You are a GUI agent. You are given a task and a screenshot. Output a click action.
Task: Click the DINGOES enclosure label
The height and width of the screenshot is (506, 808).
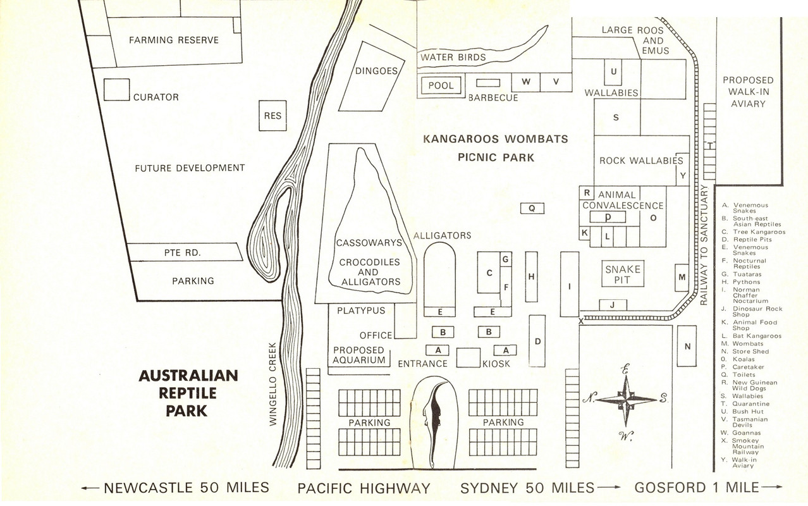pyautogui.click(x=376, y=71)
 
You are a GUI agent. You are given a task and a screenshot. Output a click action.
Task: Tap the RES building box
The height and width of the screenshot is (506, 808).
pyautogui.click(x=272, y=116)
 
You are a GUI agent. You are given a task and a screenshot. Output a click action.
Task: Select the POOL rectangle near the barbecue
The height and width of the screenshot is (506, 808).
pyautogui.click(x=441, y=85)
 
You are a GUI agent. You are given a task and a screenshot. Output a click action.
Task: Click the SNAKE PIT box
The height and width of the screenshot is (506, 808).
pyautogui.click(x=622, y=275)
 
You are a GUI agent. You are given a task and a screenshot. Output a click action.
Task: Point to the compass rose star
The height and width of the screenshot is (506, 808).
pyautogui.click(x=626, y=399)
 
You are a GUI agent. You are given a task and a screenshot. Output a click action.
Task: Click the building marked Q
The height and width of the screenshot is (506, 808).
pyautogui.click(x=532, y=207)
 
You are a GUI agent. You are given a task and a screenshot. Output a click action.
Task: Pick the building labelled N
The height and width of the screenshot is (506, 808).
pyautogui.click(x=687, y=346)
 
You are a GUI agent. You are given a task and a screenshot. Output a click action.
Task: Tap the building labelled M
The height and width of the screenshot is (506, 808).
pyautogui.click(x=682, y=277)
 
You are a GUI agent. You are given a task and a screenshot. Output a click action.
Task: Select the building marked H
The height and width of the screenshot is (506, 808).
pyautogui.click(x=532, y=276)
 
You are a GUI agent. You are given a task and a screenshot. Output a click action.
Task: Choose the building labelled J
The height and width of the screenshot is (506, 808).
pyautogui.click(x=613, y=305)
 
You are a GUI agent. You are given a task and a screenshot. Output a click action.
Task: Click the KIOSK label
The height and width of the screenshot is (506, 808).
pyautogui.click(x=496, y=364)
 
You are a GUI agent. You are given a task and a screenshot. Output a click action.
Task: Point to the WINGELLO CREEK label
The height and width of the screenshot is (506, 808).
pyautogui.click(x=273, y=384)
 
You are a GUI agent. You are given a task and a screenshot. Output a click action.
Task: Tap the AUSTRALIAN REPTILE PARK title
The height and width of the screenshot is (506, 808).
pyautogui.click(x=188, y=393)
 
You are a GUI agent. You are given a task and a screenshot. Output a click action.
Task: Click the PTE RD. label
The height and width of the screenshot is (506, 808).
pyautogui.click(x=182, y=252)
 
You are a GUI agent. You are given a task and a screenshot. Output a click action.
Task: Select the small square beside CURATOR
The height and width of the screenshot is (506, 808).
pyautogui.click(x=116, y=89)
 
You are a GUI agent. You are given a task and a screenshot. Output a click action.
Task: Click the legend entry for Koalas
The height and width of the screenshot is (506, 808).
pyautogui.click(x=746, y=359)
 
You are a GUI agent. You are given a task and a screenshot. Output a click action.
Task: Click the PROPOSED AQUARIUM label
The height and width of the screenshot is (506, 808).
pyautogui.click(x=359, y=355)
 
